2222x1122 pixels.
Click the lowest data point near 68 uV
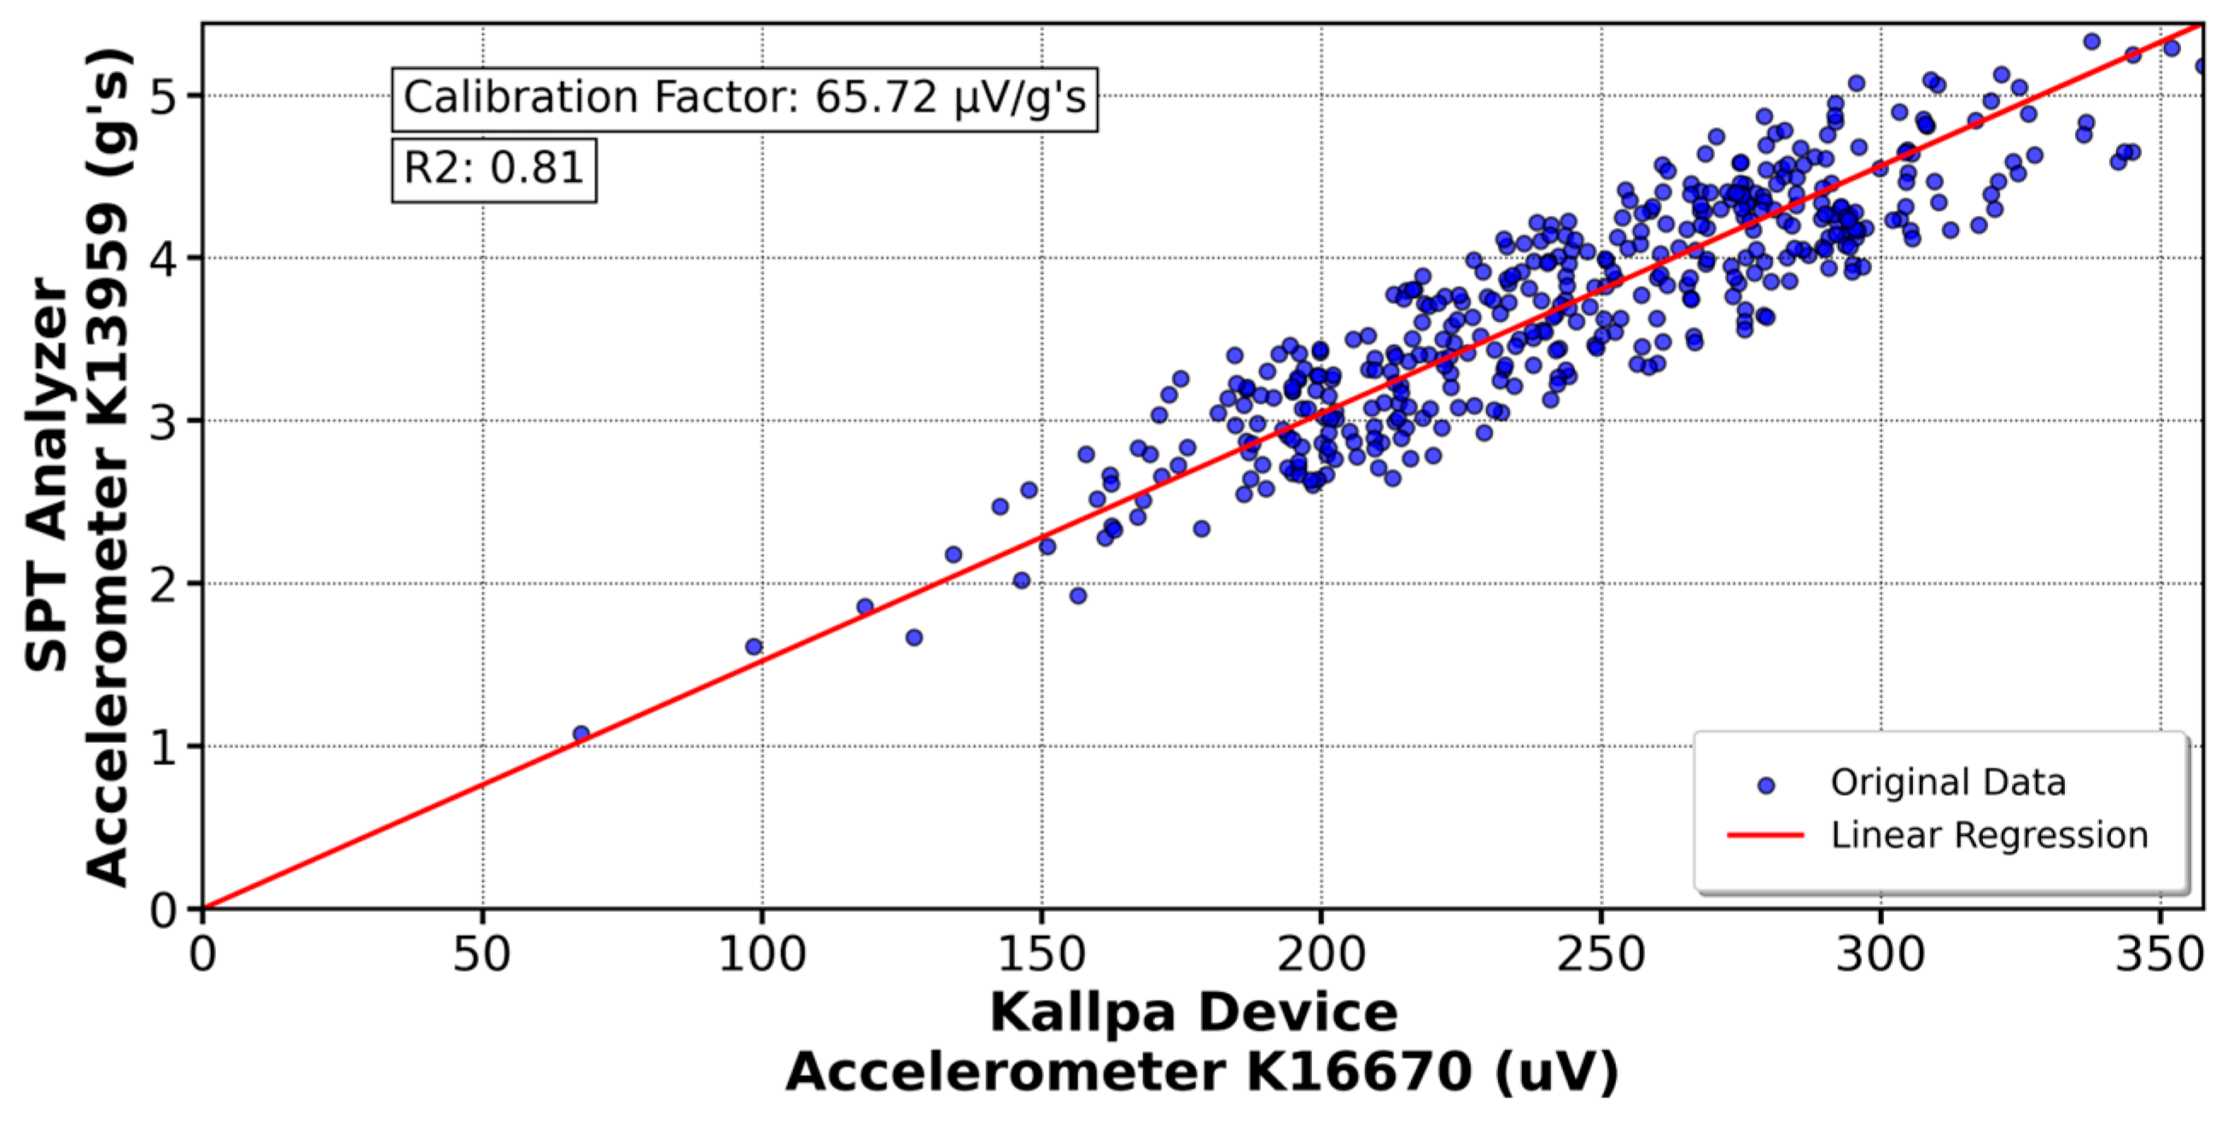pyautogui.click(x=580, y=733)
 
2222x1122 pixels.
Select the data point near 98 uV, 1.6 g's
pyautogui.click(x=753, y=646)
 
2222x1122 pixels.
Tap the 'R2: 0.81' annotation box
pyautogui.click(x=493, y=167)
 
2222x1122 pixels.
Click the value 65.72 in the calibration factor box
pyautogui.click(x=876, y=97)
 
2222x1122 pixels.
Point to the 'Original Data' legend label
pyautogui.click(x=1948, y=782)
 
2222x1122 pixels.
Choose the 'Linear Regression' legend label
pyautogui.click(x=1989, y=834)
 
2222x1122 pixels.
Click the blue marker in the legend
pyautogui.click(x=1765, y=786)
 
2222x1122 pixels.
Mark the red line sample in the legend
pyautogui.click(x=1765, y=835)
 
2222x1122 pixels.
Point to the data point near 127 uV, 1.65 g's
pyautogui.click(x=913, y=637)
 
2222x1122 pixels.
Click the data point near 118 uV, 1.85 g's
pyautogui.click(x=865, y=606)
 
